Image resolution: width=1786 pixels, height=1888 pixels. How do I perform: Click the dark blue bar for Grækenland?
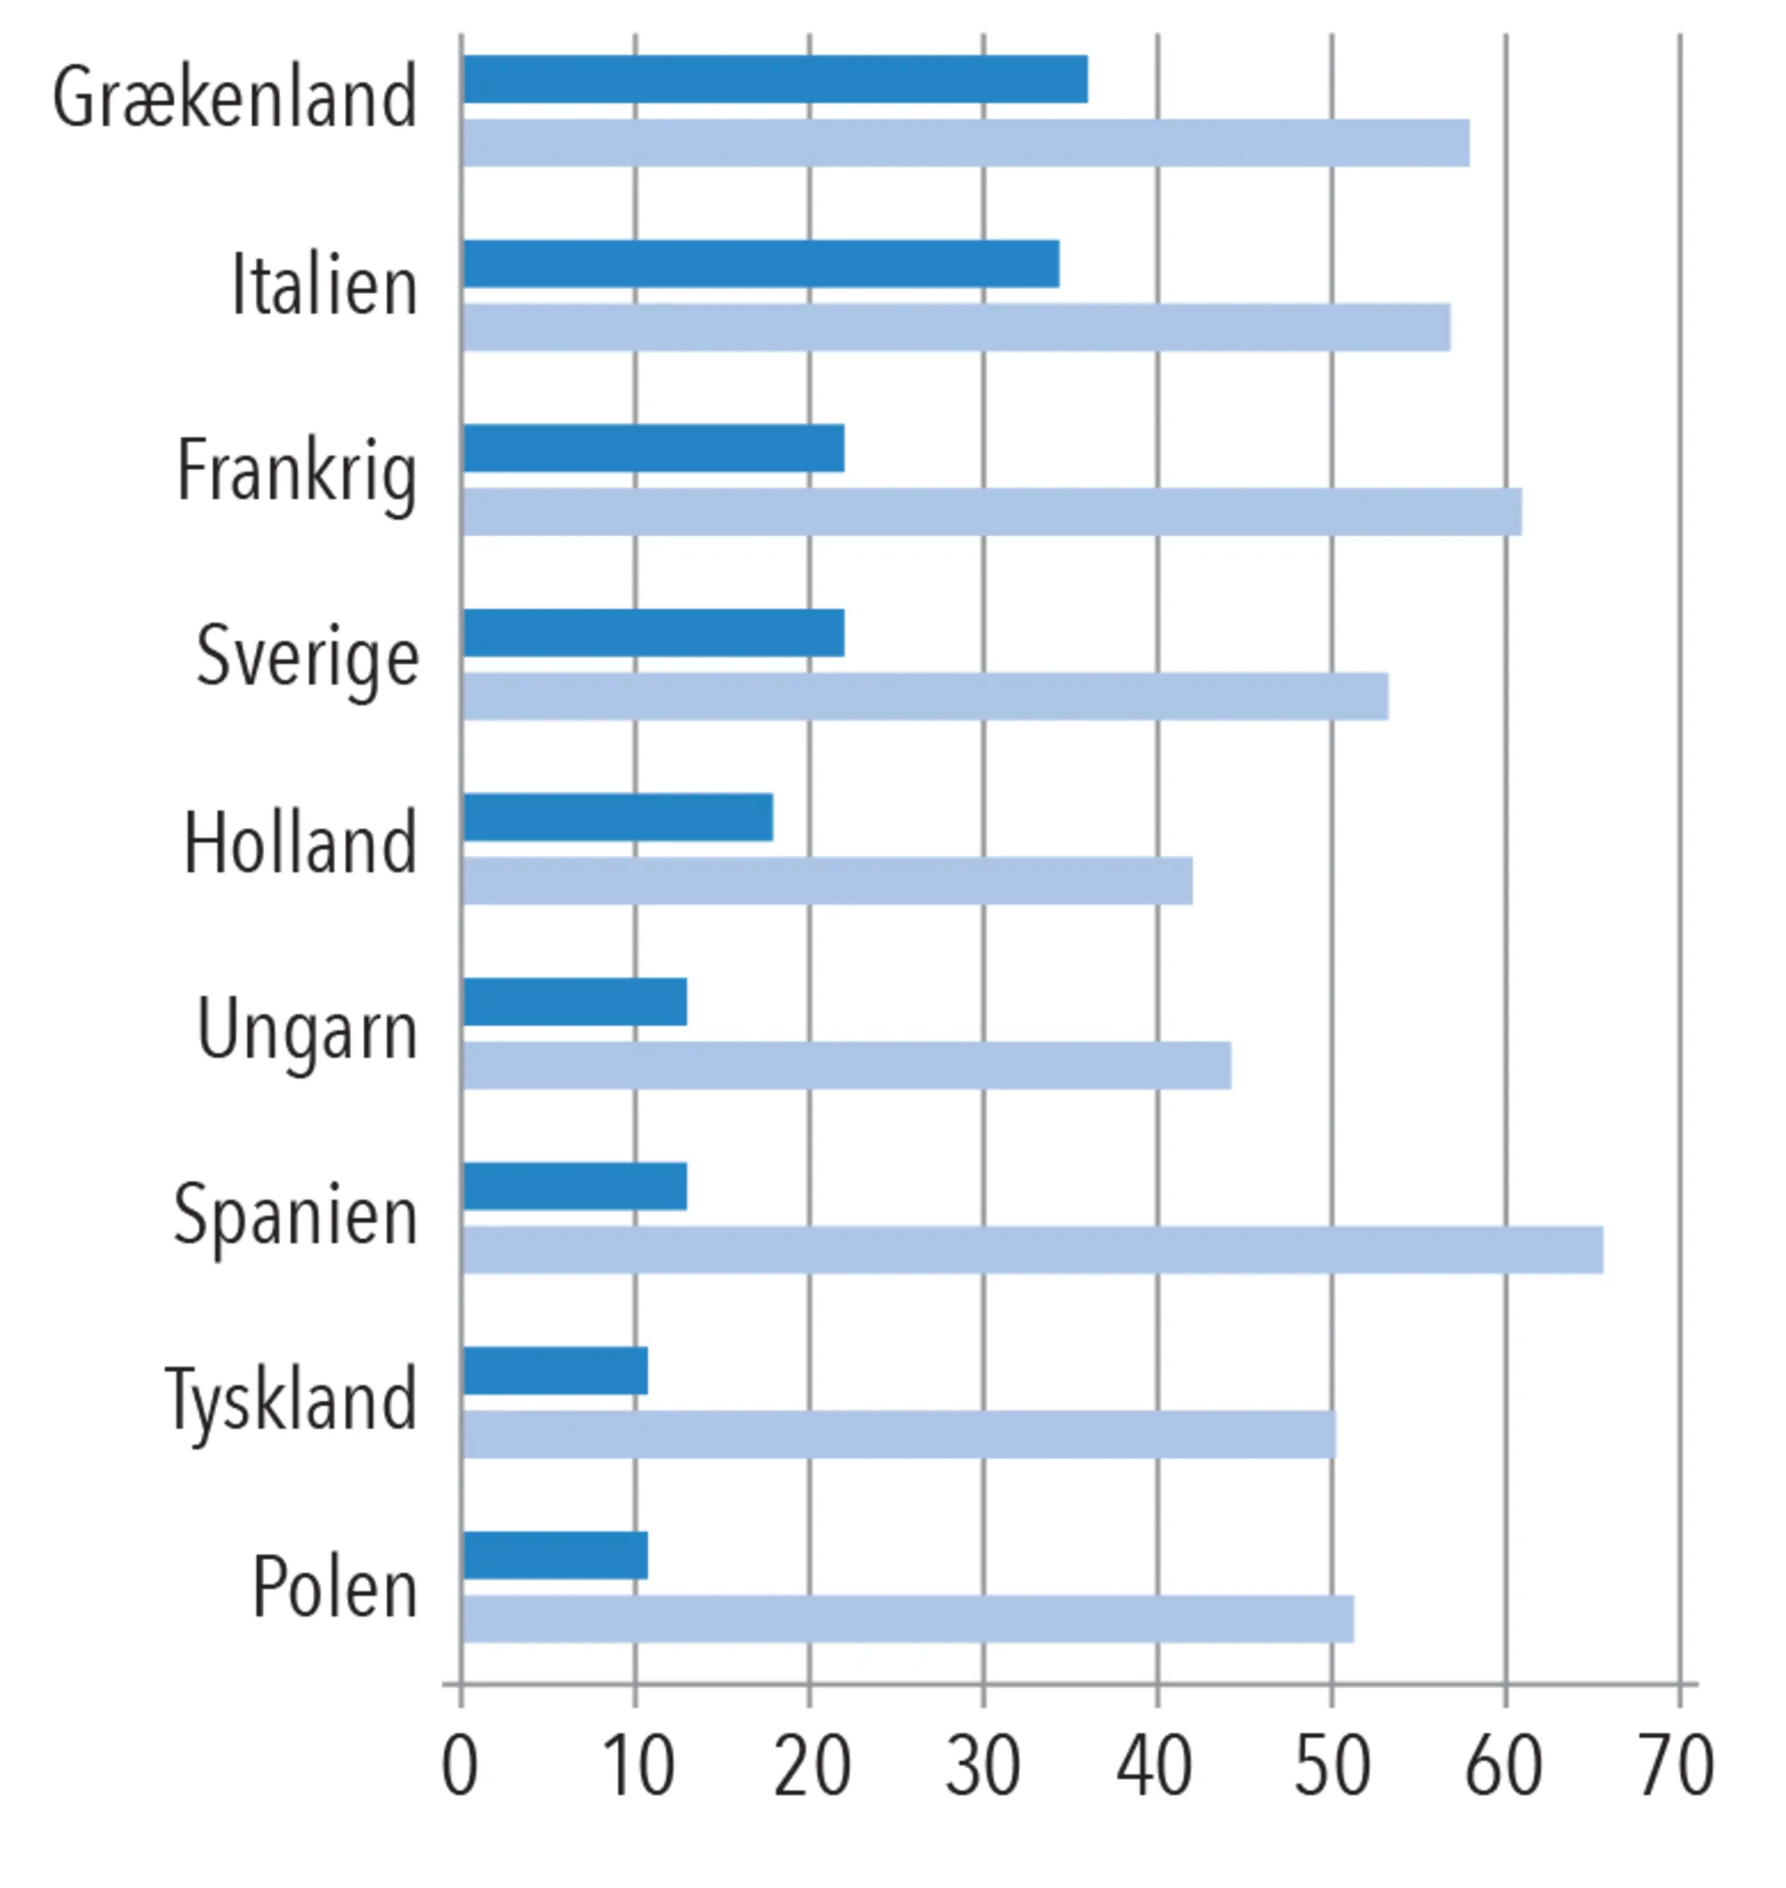click(774, 79)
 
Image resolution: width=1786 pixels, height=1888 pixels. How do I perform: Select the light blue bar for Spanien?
click(1032, 1249)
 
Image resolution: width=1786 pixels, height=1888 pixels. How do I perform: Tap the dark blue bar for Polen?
click(555, 1555)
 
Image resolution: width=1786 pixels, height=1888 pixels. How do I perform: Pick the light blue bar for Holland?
click(826, 881)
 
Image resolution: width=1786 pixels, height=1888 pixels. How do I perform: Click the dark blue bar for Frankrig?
click(653, 448)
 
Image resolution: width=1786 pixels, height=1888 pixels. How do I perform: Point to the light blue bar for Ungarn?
click(847, 1065)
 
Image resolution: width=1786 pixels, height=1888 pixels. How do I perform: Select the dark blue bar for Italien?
click(761, 263)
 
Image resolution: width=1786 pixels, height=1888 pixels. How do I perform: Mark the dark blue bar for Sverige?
click(653, 633)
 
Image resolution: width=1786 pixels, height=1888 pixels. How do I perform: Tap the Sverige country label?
click(306, 657)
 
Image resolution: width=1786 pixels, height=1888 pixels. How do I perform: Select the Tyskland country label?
click(291, 1399)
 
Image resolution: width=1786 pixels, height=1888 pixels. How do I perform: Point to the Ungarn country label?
click(306, 1030)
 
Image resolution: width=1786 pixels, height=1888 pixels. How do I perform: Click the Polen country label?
click(334, 1586)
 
